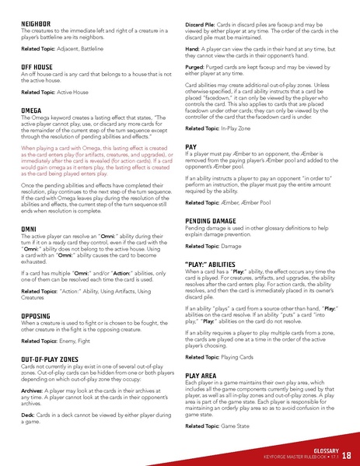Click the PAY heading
coord(191,146)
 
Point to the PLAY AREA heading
coord(206,375)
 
